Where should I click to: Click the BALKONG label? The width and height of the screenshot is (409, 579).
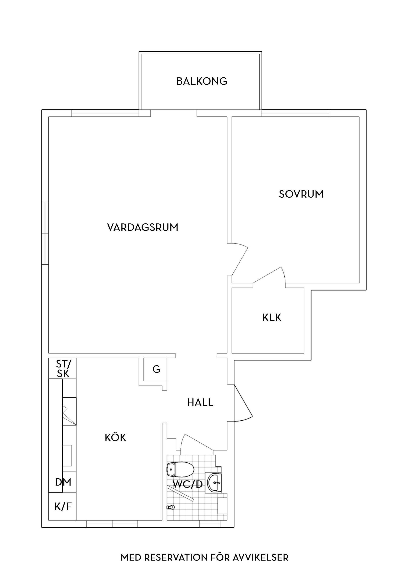coord(202,81)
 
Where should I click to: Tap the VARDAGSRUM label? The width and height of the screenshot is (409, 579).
coord(143,227)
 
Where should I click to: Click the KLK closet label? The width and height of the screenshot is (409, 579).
coord(272,317)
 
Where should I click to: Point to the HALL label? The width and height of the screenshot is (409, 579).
coord(200,402)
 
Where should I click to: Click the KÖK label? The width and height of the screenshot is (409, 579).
coord(115,437)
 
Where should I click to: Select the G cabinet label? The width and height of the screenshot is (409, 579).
coord(156,369)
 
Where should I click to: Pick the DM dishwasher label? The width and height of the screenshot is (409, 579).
coord(63,482)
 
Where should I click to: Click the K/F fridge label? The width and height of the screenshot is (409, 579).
coord(63,506)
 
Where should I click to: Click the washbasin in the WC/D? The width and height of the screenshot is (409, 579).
coord(215,482)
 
